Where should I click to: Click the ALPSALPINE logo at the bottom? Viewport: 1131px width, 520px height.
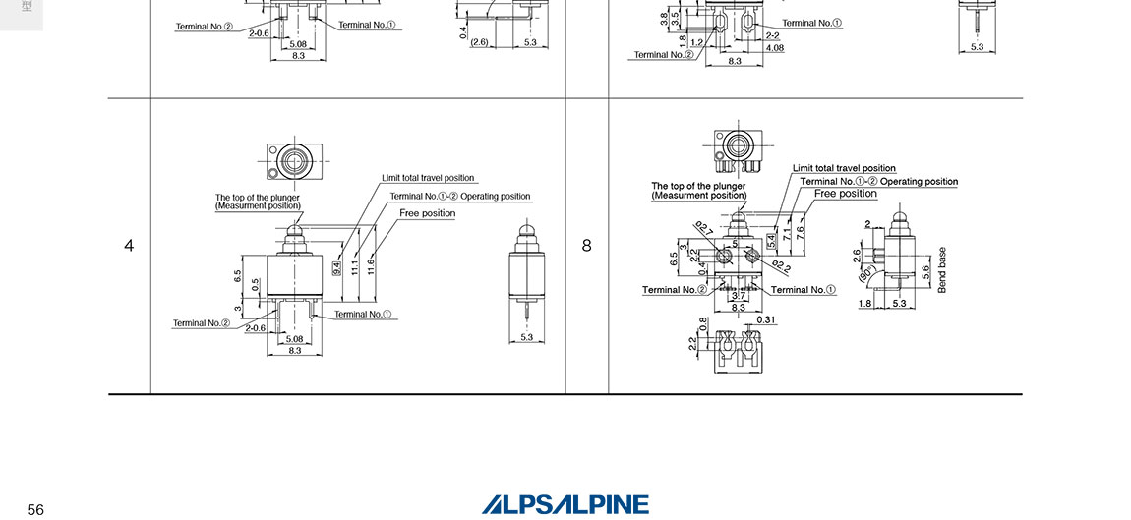565,504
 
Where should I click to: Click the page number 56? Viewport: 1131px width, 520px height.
35,509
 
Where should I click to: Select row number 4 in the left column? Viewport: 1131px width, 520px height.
129,246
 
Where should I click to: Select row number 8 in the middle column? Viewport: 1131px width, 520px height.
587,246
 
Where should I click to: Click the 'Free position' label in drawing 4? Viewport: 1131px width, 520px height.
427,213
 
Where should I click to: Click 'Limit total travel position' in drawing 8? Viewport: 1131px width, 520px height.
844,168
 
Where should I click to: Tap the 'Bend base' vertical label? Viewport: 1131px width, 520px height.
942,269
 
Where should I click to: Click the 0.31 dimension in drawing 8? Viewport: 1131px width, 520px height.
767,320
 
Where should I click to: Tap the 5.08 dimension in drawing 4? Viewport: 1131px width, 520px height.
294,338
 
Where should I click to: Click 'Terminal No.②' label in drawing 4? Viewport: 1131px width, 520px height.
202,322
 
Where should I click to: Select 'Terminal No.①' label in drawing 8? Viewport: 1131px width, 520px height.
803,290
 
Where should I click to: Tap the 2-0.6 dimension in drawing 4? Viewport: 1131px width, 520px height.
256,328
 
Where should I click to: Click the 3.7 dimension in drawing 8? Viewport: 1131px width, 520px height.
738,296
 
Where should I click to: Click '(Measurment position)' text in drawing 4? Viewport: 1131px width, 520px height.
258,205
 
